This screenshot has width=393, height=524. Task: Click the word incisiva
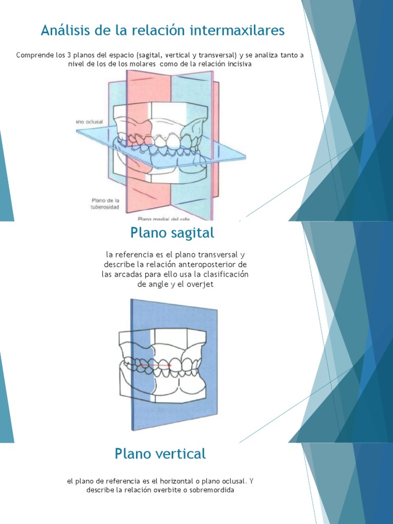coord(236,64)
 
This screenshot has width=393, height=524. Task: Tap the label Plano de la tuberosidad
coord(105,204)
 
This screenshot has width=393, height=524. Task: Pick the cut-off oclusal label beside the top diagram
coord(91,121)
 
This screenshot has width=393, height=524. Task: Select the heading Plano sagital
coord(172,233)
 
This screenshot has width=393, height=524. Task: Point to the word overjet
coord(201,284)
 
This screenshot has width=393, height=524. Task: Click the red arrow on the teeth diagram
coord(155,365)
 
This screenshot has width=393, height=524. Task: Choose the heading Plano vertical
coord(160,453)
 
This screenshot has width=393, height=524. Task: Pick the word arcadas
coord(128,274)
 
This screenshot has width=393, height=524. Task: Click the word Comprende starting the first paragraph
coord(34,55)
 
